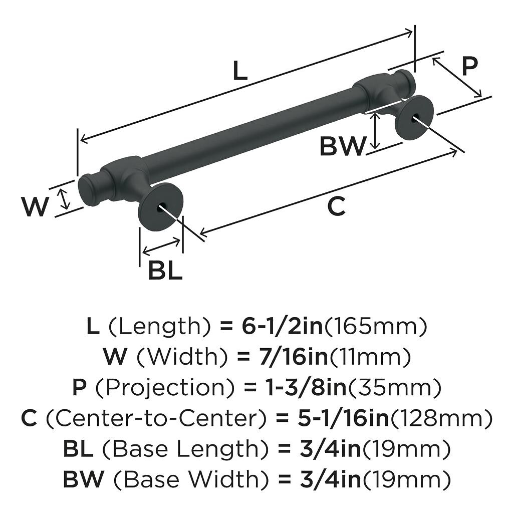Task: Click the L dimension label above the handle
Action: pyautogui.click(x=240, y=72)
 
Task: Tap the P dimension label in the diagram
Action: pyautogui.click(x=469, y=66)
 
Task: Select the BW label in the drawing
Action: pyautogui.click(x=344, y=146)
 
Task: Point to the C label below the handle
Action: pyautogui.click(x=337, y=206)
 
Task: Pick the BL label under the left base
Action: pyautogui.click(x=165, y=271)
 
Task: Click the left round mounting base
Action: pyautogui.click(x=160, y=206)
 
